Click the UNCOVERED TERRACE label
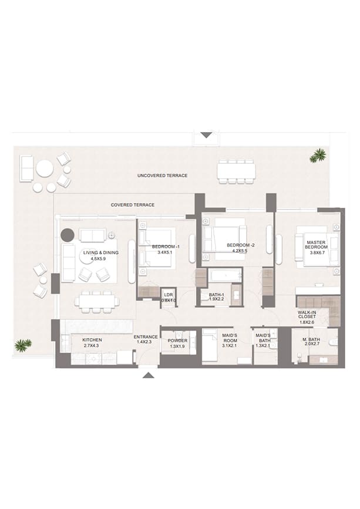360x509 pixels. tap(162, 176)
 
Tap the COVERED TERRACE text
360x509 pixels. tap(133, 205)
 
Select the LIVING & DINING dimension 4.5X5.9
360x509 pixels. tap(99, 259)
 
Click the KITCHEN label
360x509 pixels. tap(93, 340)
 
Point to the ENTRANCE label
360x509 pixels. tap(146, 337)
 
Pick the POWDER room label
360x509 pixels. tap(177, 341)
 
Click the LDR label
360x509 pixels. tap(169, 295)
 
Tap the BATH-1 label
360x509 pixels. tap(217, 295)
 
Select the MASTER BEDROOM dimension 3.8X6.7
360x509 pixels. tap(317, 252)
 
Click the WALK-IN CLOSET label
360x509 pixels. tap(307, 315)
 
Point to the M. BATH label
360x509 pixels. tap(311, 339)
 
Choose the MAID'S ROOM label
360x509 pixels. tap(230, 338)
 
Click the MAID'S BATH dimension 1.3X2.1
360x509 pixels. tap(263, 346)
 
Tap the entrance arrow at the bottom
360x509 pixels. tap(149, 375)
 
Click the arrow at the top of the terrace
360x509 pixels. tap(206, 134)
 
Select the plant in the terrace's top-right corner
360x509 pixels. tap(318, 155)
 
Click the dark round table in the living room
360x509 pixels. tap(68, 235)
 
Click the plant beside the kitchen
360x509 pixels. tap(23, 345)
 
